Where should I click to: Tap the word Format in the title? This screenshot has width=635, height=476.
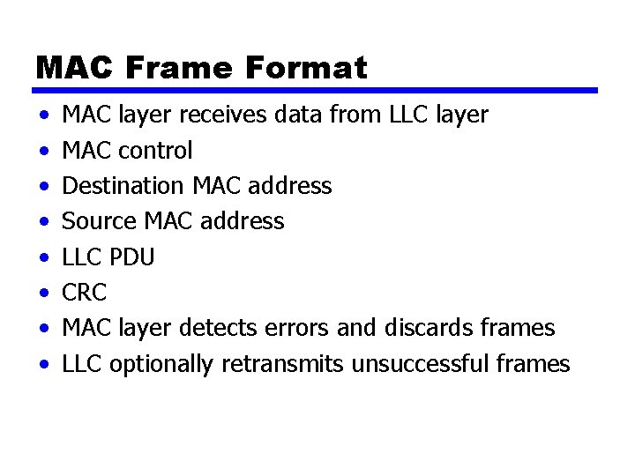click(307, 68)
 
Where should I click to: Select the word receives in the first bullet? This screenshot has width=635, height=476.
click(227, 115)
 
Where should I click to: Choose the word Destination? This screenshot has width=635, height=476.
click(122, 186)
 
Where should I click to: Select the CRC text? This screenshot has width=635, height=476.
click(84, 293)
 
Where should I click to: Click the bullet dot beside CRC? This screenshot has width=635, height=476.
click(43, 294)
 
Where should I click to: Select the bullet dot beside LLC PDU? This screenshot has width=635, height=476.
click(43, 258)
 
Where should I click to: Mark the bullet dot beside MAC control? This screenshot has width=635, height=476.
click(43, 152)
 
